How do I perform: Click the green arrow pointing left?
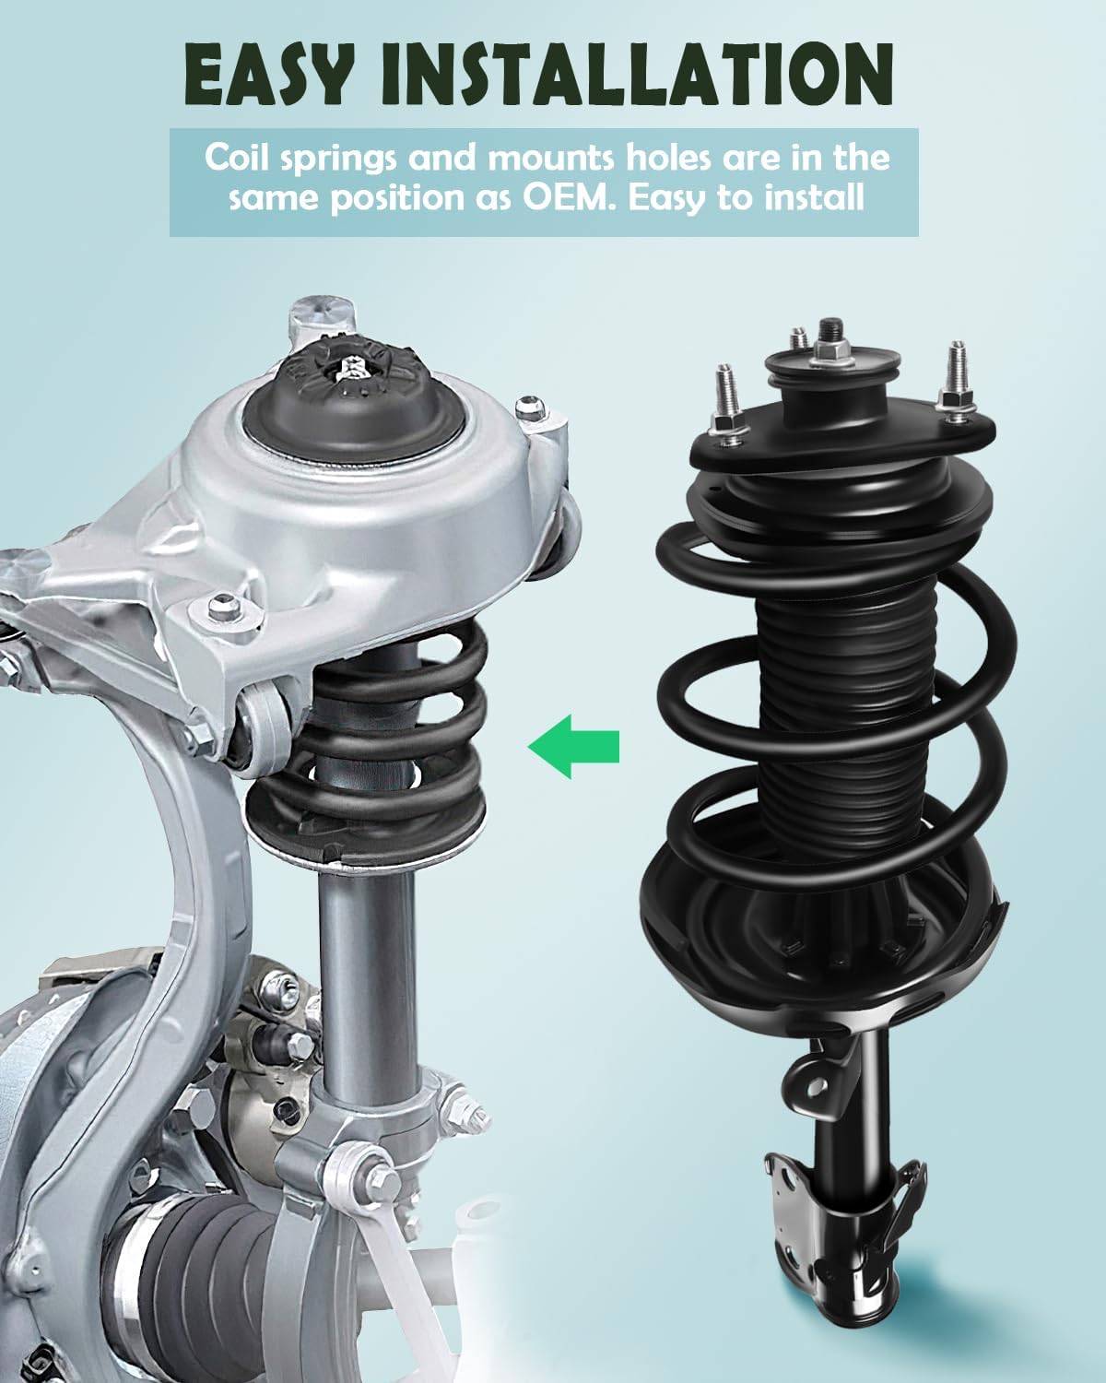(573, 746)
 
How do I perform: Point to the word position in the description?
(393, 198)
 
